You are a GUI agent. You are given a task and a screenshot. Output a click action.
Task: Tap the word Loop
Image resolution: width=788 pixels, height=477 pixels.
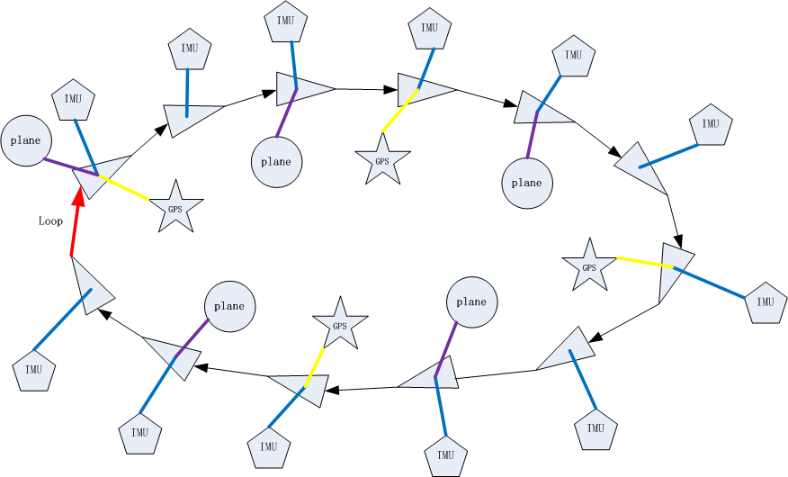pos(50,220)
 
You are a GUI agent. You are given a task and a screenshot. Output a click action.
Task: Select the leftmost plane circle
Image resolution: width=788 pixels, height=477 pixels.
pos(26,140)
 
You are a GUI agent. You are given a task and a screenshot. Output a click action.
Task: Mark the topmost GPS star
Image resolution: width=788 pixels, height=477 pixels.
pos(382,160)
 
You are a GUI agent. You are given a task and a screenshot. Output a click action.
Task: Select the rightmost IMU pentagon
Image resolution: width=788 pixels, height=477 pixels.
pos(766,301)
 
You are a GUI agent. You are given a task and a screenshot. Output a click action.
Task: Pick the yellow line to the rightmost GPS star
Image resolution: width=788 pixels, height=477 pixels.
pos(644,263)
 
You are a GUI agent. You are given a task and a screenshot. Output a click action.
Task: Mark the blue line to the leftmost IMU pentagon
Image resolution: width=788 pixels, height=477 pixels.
pos(63,319)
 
